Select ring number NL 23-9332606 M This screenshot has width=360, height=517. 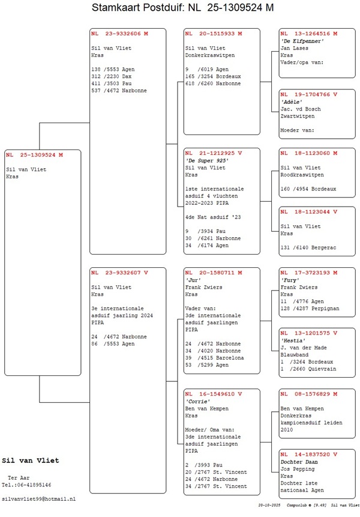coord(119,34)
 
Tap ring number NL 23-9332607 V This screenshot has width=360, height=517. coord(119,273)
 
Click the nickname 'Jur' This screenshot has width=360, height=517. coord(192,280)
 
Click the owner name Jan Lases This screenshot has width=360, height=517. coord(294,47)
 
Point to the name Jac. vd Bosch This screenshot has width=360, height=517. coord(301,109)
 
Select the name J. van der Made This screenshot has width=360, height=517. coord(304,347)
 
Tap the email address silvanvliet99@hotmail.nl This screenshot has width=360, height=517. coord(39,499)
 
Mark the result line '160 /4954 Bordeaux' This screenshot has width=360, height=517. coord(308,189)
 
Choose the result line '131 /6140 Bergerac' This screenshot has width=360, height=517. coord(308,247)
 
